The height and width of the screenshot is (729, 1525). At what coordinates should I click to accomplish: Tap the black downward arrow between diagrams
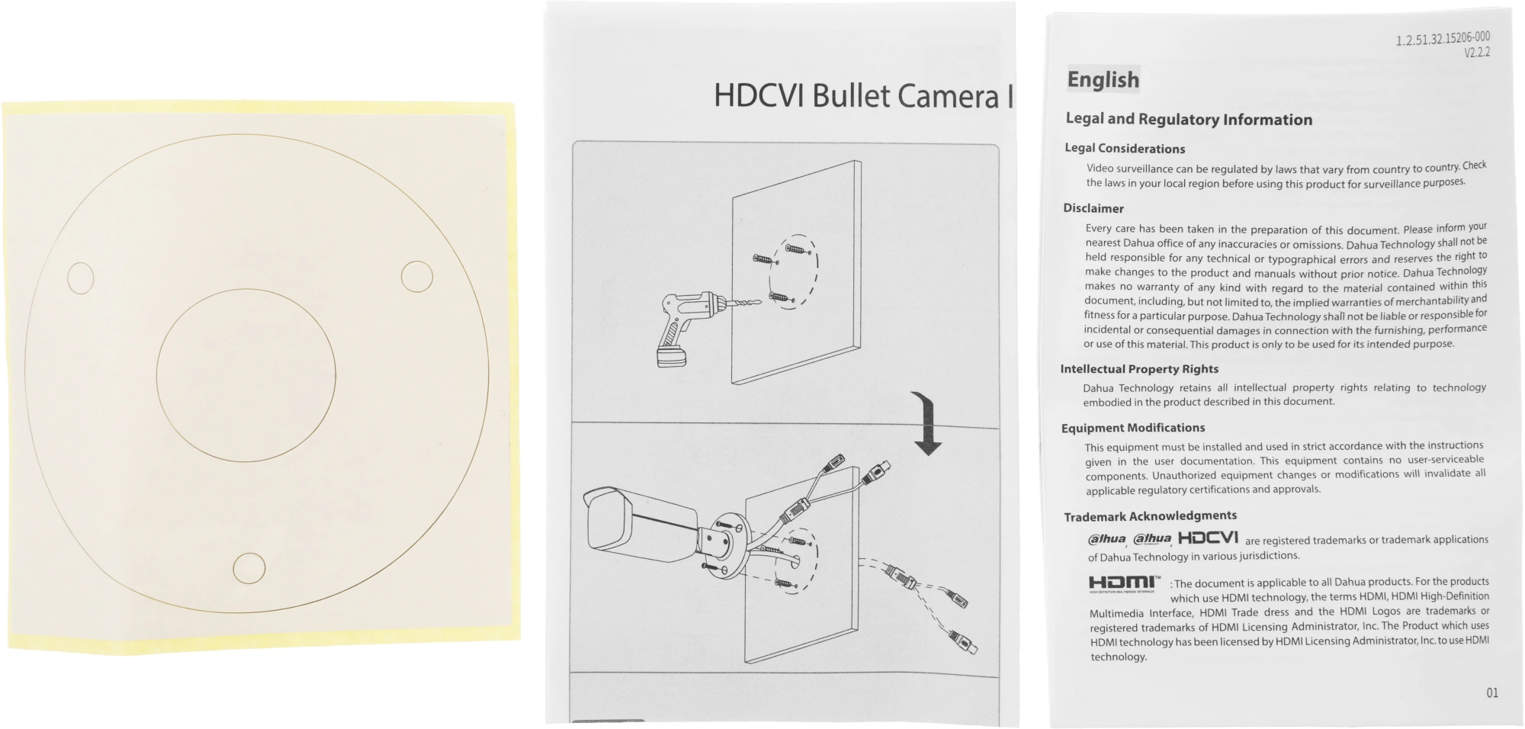pos(927,423)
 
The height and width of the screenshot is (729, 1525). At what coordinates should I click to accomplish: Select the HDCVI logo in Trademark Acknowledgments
pos(1208,538)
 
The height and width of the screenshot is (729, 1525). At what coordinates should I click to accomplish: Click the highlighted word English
pos(1103,79)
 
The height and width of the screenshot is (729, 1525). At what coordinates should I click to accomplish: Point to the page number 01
pos(1491,692)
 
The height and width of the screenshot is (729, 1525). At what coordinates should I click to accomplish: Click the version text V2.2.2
pos(1476,53)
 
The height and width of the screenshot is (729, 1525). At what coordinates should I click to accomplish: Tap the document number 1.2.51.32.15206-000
pos(1443,38)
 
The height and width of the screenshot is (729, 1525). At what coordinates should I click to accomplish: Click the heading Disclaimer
pos(1093,208)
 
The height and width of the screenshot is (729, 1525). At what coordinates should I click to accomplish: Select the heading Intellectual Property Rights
pos(1139,369)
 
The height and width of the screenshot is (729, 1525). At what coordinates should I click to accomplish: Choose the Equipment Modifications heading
pos(1133,428)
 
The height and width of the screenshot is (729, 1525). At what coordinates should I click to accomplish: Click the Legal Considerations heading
pos(1125,148)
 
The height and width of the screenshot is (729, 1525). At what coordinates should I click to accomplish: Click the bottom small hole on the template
pos(249,568)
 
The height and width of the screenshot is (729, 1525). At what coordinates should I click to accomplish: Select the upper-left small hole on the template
pos(81,278)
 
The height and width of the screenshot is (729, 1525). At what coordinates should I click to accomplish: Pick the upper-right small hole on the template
pos(416,277)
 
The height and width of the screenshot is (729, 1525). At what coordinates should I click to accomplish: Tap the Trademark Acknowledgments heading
pos(1150,516)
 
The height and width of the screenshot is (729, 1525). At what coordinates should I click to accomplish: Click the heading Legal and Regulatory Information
pos(1189,119)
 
